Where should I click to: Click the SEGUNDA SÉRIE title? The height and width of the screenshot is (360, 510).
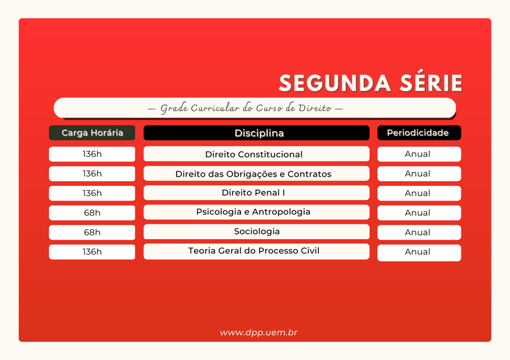point(370,83)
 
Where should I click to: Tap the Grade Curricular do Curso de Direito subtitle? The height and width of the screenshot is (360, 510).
point(252,108)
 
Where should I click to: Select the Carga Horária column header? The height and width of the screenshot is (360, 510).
point(92,133)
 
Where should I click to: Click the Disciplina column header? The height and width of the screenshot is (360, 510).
point(256,133)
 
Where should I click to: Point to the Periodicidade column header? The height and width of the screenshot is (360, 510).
point(418,133)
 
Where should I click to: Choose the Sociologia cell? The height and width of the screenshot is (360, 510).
point(256,232)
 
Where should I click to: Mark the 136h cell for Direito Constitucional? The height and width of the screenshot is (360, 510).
point(92,154)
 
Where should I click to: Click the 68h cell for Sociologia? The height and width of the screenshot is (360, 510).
point(92,232)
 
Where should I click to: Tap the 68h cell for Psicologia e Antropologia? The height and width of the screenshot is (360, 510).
point(92,213)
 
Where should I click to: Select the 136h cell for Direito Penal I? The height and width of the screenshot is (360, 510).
point(92,193)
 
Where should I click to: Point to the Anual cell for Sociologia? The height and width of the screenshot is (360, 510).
point(418,232)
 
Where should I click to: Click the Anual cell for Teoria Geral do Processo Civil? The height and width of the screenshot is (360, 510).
point(418,252)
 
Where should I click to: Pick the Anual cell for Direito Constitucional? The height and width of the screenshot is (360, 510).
point(418,154)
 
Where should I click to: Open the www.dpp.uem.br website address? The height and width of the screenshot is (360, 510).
point(258,332)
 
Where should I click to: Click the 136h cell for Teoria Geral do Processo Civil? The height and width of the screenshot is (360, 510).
point(92,252)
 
